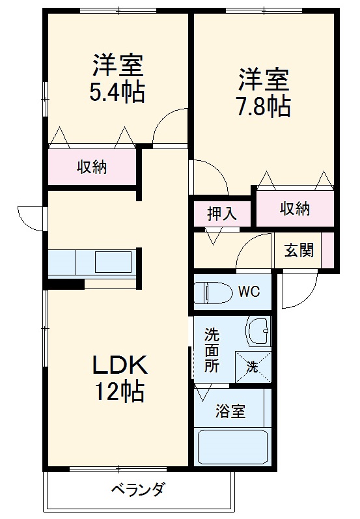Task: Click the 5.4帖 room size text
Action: pos(117,91)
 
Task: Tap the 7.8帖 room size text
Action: pos(262,106)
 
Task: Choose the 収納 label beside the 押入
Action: pos(294,208)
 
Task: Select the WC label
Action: pos(249,291)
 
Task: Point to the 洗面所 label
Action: pos(212,350)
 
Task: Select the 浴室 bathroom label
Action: pos(230,412)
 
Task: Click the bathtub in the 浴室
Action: pos(232,447)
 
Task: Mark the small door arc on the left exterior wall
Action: pos(29,216)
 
